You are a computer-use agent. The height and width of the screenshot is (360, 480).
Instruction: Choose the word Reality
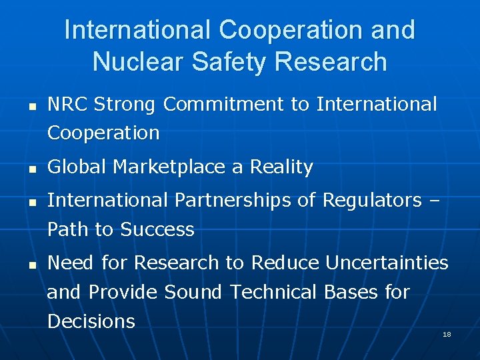tap(281, 168)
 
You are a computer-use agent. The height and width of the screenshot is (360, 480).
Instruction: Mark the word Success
tap(157, 229)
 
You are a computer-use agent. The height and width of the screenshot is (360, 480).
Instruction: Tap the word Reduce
tap(285, 263)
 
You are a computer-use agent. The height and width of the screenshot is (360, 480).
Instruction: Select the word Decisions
tap(91, 321)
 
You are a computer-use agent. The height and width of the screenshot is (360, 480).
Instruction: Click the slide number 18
tap(447, 334)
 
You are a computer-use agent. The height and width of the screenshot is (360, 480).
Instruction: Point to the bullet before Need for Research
tap(31, 265)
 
